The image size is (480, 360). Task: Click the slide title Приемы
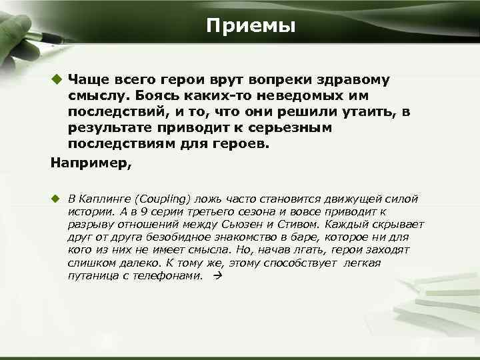click(x=250, y=26)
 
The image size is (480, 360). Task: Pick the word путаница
click(x=90, y=275)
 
